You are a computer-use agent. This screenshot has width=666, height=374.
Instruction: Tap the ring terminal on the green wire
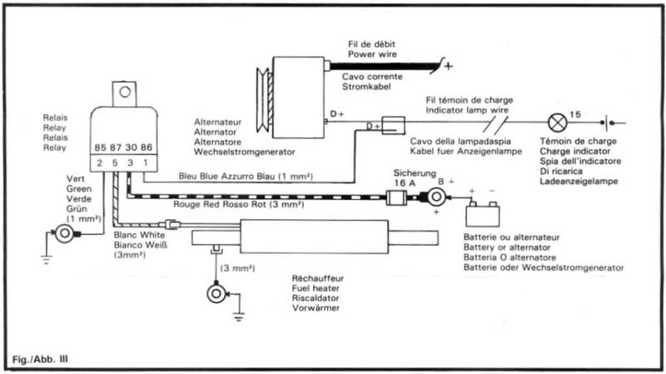click(62, 232)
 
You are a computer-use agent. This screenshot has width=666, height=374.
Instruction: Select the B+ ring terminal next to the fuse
click(433, 198)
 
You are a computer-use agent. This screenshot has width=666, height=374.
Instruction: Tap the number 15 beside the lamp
click(575, 112)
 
